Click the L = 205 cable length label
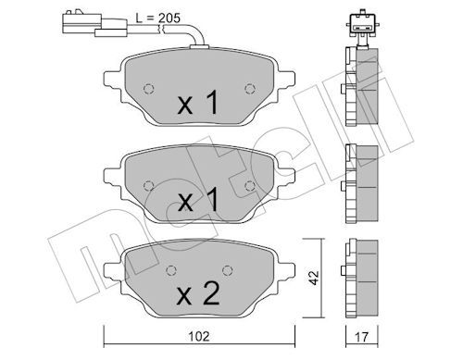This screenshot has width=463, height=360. [x=158, y=19]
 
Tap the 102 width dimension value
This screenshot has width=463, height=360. [x=199, y=336]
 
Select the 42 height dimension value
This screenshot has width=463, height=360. [x=314, y=278]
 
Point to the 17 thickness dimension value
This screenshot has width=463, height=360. [x=361, y=337]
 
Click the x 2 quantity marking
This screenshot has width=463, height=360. [x=198, y=293]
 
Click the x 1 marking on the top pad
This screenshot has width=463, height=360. [x=198, y=102]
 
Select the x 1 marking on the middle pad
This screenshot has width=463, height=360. [x=198, y=200]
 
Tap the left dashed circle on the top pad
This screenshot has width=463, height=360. [x=149, y=89]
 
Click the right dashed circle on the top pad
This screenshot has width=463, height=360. [x=250, y=89]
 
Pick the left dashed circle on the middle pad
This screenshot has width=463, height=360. [x=149, y=186]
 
